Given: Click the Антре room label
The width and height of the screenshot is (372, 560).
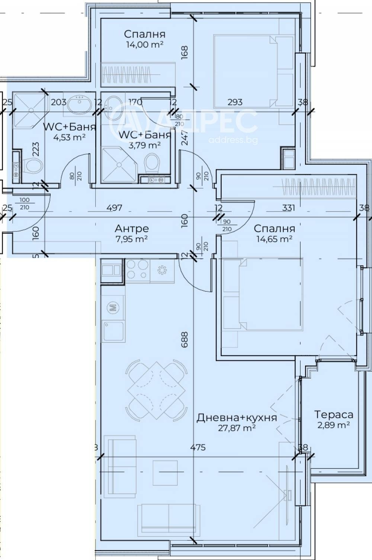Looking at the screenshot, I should tap(132, 228).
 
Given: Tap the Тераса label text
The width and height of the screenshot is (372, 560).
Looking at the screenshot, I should tap(334, 414).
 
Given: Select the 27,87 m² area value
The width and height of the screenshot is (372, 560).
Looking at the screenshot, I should tap(237, 428).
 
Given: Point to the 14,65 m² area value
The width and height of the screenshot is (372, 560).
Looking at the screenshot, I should tap(274, 239).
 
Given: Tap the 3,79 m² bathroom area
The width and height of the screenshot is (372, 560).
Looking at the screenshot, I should tap(145, 145).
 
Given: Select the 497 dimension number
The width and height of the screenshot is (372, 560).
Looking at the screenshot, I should tap(114, 208).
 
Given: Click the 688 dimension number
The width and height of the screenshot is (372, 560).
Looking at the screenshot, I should tap(185, 339).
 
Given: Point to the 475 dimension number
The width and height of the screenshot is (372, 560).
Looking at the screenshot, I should tap(198, 448).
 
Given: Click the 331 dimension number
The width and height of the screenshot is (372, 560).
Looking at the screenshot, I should tap(289, 207).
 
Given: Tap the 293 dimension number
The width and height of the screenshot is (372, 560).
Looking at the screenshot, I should tap(235, 102).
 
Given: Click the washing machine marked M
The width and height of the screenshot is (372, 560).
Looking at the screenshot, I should tap(113, 307).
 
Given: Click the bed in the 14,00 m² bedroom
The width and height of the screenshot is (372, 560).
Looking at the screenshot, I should tap(246, 71).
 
